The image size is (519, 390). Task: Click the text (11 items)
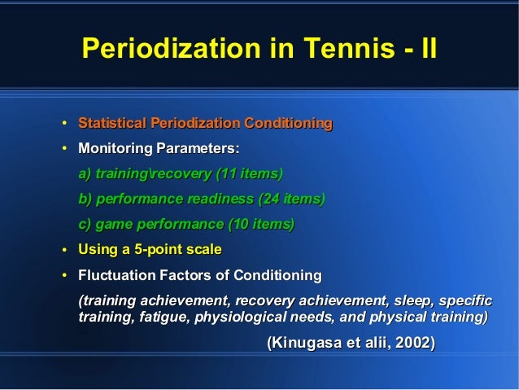pyautogui.click(x=248, y=174)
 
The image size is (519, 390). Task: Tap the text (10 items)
pyautogui.click(x=261, y=223)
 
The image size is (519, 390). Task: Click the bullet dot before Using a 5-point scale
pyautogui.click(x=64, y=249)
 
